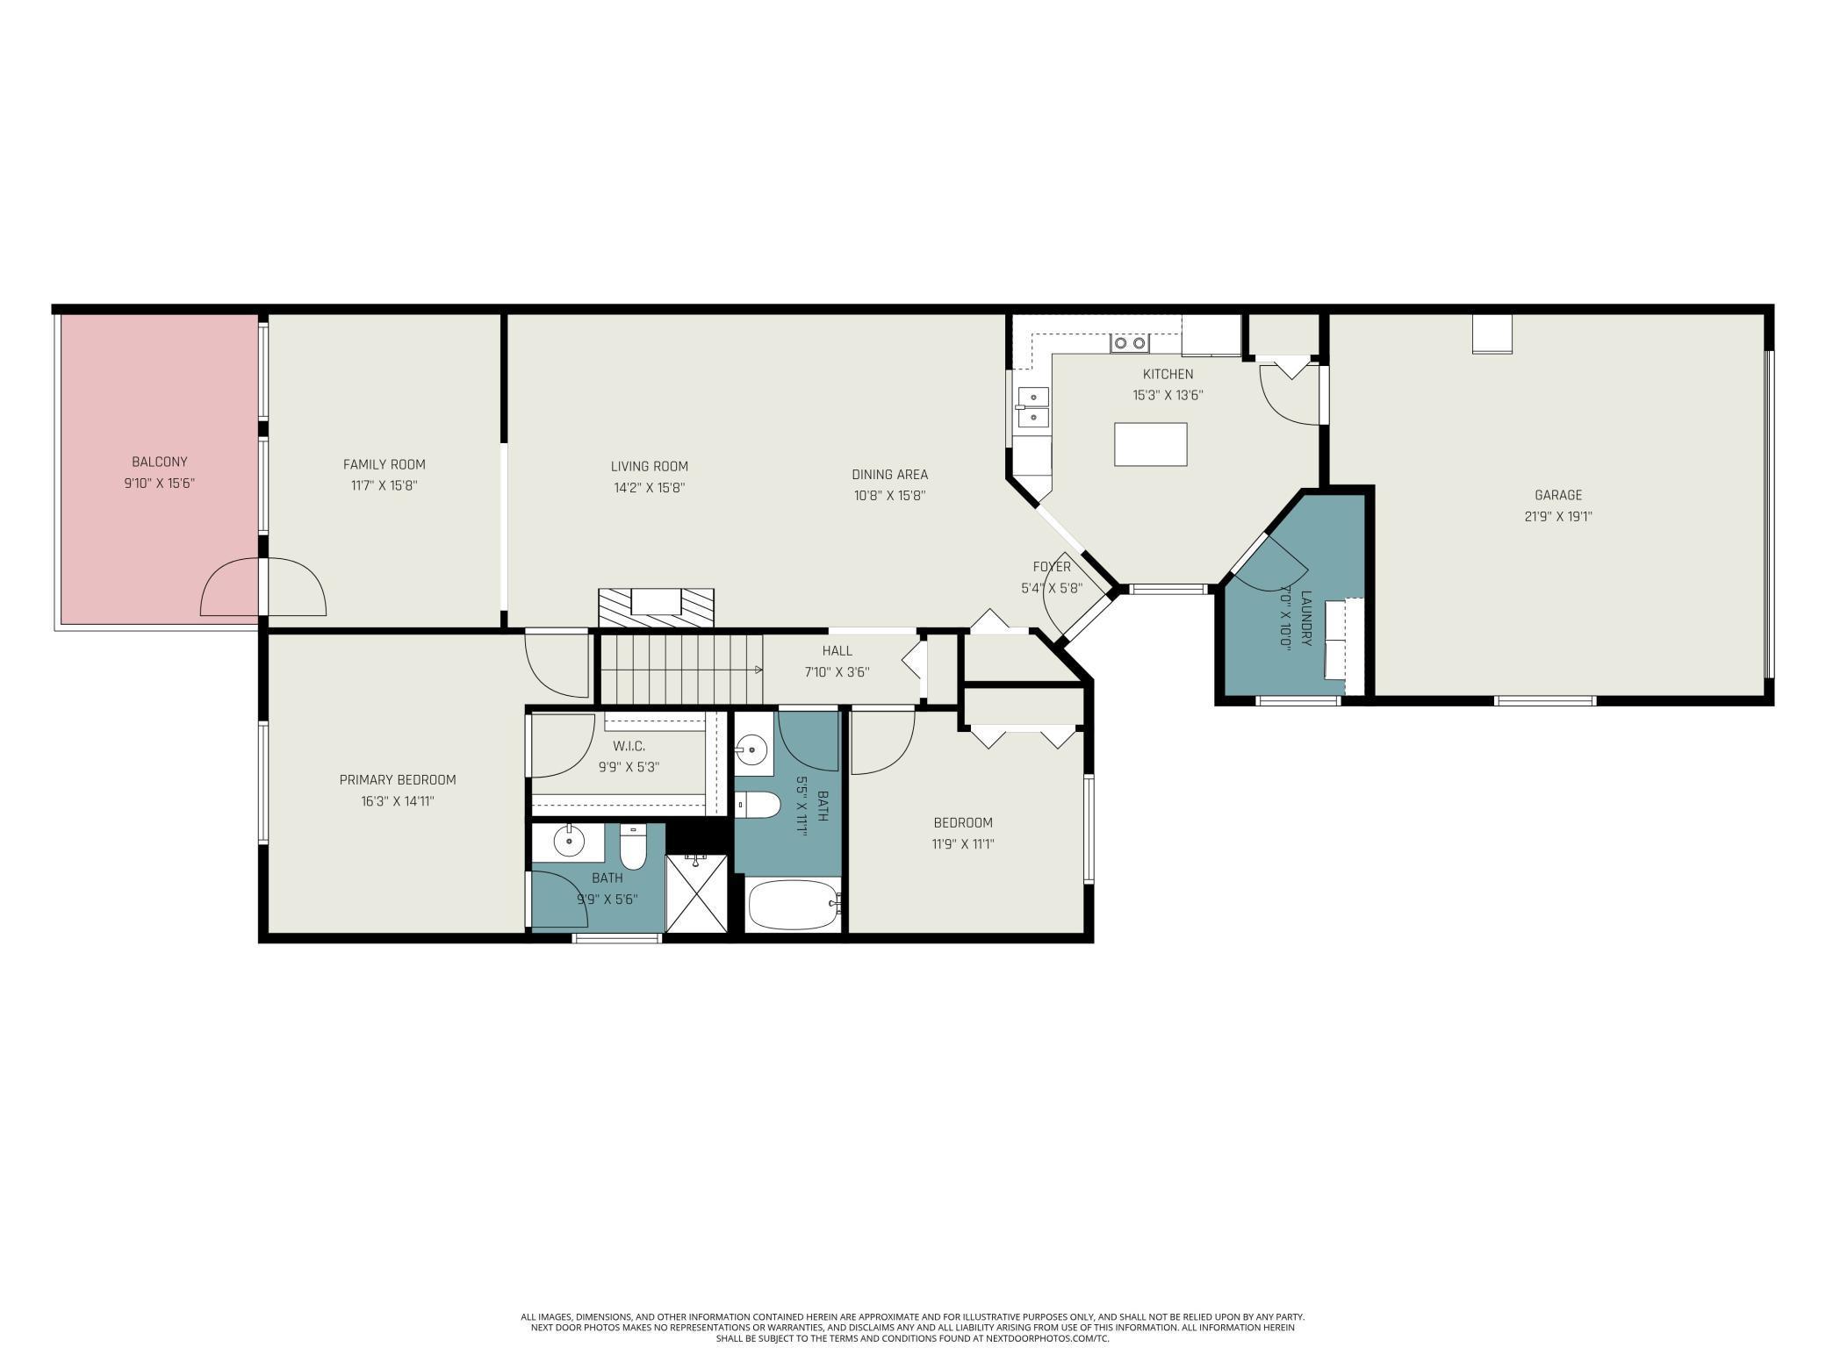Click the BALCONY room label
160,462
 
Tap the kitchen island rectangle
1151,444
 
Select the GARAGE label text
1558,495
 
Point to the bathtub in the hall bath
794,904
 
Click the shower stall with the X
696,893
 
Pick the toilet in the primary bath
633,845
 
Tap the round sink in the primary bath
569,843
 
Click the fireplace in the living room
657,607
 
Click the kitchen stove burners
1129,343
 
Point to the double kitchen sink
1033,407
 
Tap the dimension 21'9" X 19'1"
1558,517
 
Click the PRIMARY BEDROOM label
398,779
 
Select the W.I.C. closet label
629,746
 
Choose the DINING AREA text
889,475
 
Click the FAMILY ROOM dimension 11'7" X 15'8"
385,485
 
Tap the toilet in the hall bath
757,805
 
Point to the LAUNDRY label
1305,619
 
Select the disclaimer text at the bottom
913,1328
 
